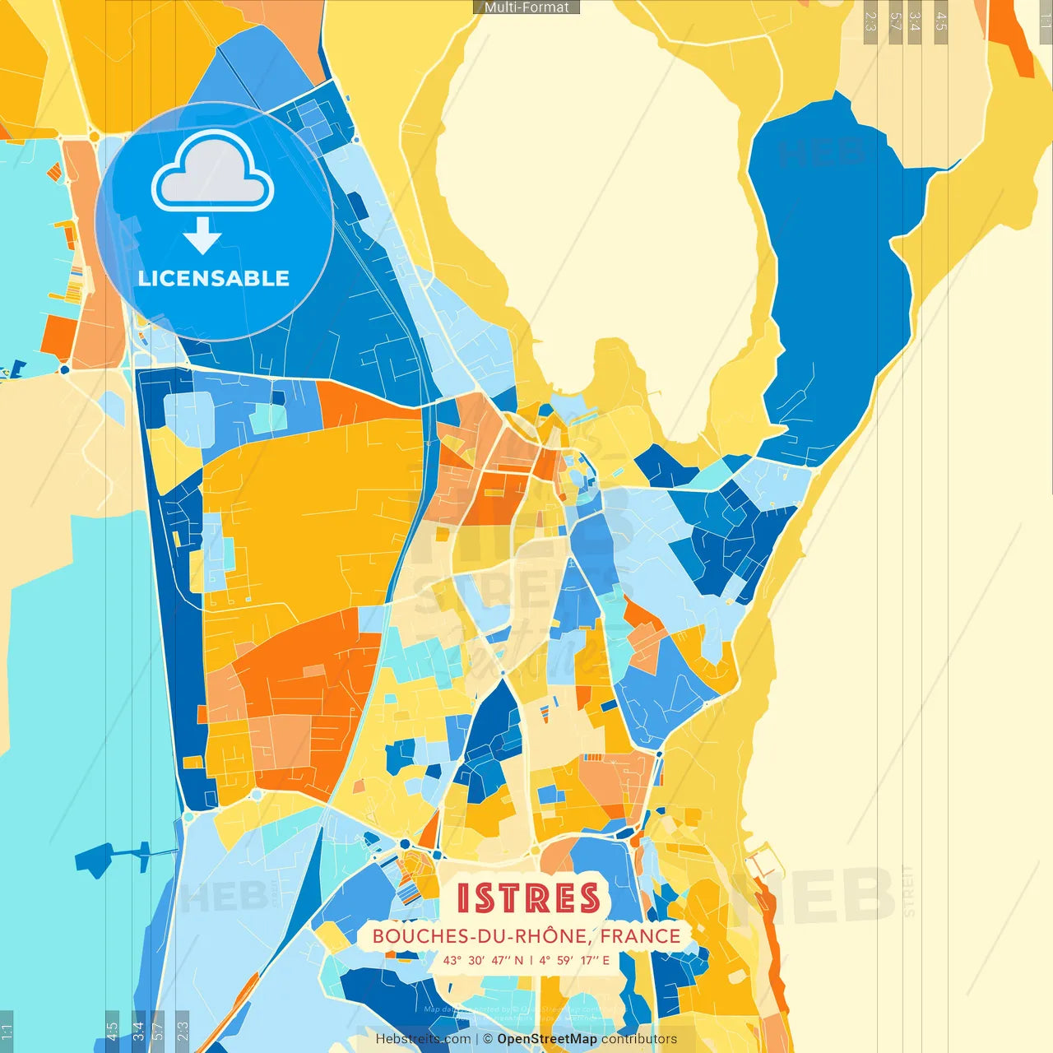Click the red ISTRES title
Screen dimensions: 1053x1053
pyautogui.click(x=528, y=898)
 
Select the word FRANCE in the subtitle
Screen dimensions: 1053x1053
pyautogui.click(x=640, y=936)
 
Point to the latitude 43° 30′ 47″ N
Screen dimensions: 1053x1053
pyautogui.click(x=482, y=960)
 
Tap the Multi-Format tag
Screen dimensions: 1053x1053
pyautogui.click(x=526, y=7)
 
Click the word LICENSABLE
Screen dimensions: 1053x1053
pyautogui.click(x=214, y=278)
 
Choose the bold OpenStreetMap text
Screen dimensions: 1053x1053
pyautogui.click(x=546, y=1039)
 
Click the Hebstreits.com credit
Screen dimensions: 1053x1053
pyautogui.click(x=423, y=1039)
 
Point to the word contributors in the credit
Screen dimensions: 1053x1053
pyautogui.click(x=639, y=1039)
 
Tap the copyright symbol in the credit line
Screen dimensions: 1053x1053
pyautogui.click(x=488, y=1039)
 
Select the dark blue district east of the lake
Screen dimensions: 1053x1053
pyautogui.click(x=831, y=271)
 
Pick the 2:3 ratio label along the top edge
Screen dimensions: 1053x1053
pyautogui.click(x=870, y=21)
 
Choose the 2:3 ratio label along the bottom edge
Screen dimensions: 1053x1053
pyautogui.click(x=183, y=1030)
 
